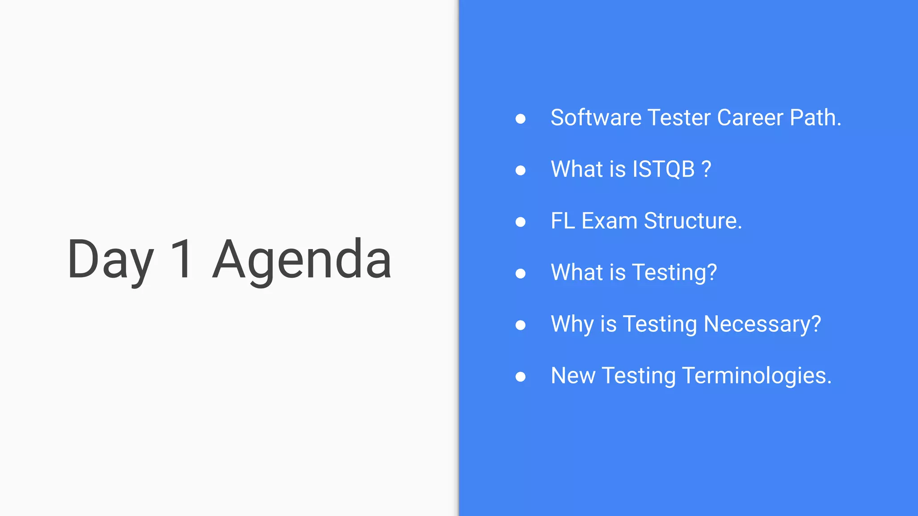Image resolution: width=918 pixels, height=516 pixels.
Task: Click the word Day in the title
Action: (x=110, y=260)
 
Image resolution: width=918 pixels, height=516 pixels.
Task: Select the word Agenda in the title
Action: (x=302, y=260)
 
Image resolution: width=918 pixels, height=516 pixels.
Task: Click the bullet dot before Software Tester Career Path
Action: (x=520, y=119)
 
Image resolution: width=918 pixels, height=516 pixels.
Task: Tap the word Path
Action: (x=815, y=118)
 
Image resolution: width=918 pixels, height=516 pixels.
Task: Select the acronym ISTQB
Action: (x=663, y=169)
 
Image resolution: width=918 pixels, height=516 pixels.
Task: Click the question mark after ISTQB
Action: (x=706, y=169)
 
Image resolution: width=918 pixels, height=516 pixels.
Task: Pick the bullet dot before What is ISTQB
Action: (x=520, y=170)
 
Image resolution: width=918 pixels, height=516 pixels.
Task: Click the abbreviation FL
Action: (x=563, y=221)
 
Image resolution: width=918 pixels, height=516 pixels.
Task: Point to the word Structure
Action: (x=693, y=221)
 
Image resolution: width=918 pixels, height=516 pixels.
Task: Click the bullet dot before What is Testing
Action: (x=520, y=273)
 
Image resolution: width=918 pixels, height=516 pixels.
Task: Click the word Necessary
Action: (x=762, y=324)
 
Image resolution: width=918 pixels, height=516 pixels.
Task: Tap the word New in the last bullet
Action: (x=572, y=375)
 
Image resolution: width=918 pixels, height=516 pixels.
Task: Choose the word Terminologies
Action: (x=757, y=375)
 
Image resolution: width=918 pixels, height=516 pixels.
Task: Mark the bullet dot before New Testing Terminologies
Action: (x=520, y=377)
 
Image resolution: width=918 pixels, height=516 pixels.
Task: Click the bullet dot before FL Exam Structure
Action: (x=520, y=222)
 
